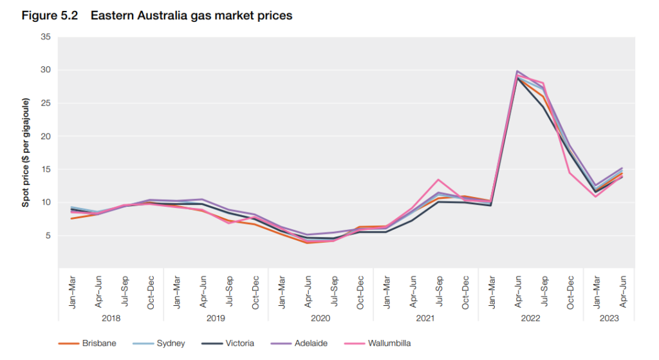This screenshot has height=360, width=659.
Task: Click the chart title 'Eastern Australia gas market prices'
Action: (191, 15)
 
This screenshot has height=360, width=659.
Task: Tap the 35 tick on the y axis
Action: (45, 37)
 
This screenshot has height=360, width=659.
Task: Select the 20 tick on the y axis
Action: (45, 137)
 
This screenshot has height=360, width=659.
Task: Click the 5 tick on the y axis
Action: (48, 236)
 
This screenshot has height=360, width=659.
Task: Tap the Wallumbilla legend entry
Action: (389, 343)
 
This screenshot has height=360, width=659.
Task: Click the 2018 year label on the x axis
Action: (111, 318)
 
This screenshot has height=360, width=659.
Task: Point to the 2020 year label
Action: (320, 318)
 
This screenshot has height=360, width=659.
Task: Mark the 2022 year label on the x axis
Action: (530, 318)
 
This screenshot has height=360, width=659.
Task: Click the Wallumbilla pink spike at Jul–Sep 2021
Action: (438, 180)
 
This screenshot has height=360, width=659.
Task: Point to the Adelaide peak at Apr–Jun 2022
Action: (517, 71)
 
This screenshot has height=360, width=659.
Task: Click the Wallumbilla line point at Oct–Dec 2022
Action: (570, 173)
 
